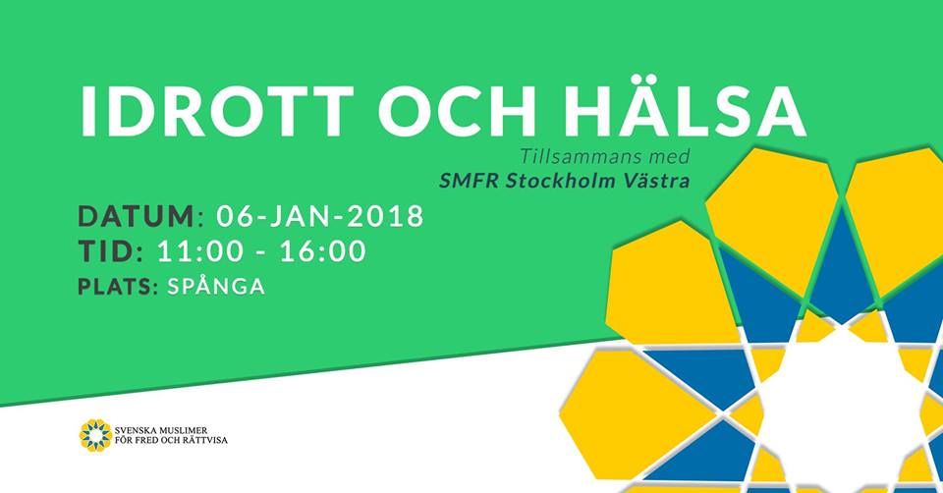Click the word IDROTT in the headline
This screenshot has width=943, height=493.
[216, 111]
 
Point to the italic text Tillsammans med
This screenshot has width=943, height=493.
[605, 156]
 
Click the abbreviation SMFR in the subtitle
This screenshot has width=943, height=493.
[470, 181]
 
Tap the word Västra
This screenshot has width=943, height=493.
[658, 180]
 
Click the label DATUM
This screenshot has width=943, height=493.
[137, 216]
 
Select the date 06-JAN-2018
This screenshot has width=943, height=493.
[320, 216]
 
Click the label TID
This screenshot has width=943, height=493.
[107, 251]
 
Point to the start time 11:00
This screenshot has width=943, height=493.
[199, 251]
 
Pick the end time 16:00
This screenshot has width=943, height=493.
[323, 251]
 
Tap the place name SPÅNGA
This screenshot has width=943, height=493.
[216, 285]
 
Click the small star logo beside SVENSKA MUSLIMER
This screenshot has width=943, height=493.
[95, 435]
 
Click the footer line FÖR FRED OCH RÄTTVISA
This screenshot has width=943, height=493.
[171, 440]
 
